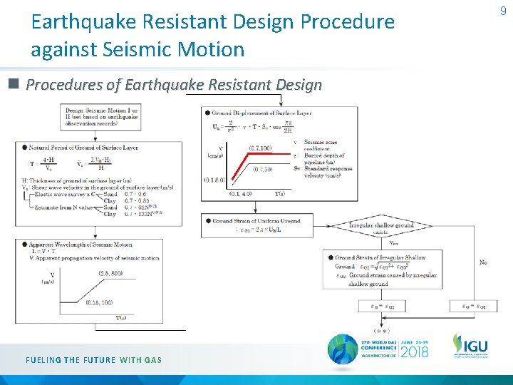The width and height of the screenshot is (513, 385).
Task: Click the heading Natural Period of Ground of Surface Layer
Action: coord(83,148)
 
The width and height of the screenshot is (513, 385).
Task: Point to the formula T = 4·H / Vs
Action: coord(43,163)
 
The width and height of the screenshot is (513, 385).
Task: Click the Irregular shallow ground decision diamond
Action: coord(381,227)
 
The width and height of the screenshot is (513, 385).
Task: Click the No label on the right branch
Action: coord(483,263)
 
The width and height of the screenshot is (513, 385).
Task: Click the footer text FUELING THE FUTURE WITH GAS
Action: coord(94,360)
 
